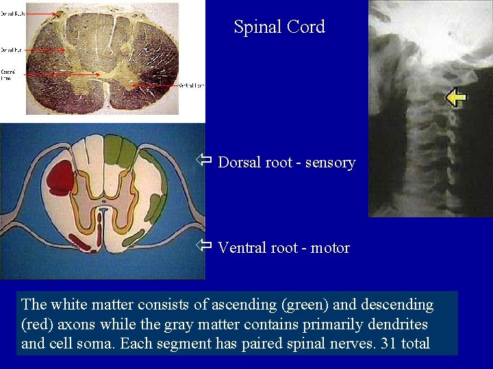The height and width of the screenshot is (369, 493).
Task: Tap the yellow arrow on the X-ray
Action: click(456, 98)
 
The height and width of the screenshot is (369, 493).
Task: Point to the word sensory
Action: click(331, 163)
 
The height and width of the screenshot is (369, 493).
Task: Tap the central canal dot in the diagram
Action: click(103, 202)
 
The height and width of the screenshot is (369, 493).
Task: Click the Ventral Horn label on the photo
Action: click(191, 85)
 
